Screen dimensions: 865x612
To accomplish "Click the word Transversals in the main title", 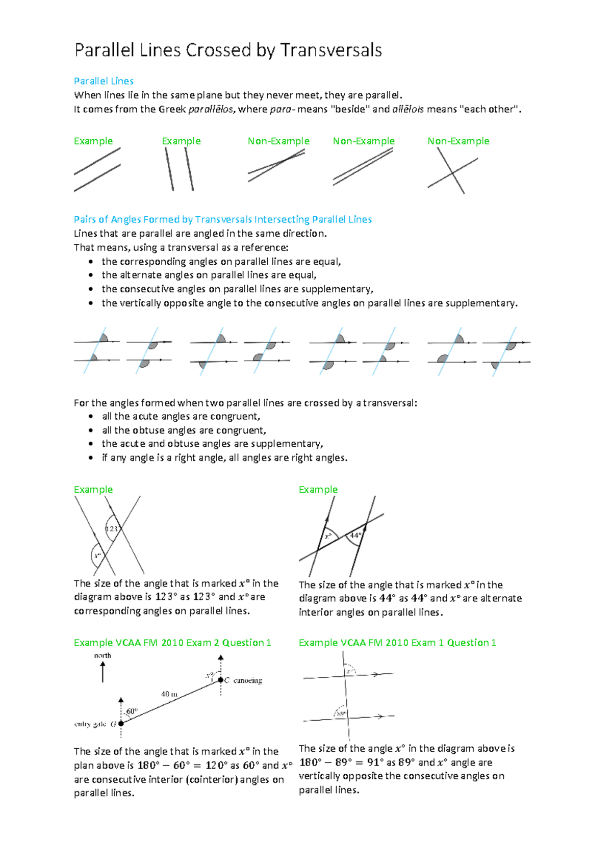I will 330,50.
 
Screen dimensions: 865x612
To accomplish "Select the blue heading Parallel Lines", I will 104,81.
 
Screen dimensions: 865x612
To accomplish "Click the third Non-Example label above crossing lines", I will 458,141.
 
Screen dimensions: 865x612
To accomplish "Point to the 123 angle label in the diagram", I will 112,529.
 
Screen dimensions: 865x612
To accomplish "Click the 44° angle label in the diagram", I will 355,536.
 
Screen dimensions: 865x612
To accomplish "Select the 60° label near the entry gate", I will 132,711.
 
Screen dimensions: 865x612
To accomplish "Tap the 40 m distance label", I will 169,694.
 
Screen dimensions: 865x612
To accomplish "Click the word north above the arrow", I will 103,655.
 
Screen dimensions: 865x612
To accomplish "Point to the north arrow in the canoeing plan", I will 103,672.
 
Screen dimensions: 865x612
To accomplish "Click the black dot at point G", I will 121,723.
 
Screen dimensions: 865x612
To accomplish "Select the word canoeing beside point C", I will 247,680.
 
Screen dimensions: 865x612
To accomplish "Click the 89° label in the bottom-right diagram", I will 341,714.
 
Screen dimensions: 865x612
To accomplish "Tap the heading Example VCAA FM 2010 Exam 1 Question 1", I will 397,643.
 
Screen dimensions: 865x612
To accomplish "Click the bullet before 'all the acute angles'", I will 91,417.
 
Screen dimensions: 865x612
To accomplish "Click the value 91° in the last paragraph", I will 375,762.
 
